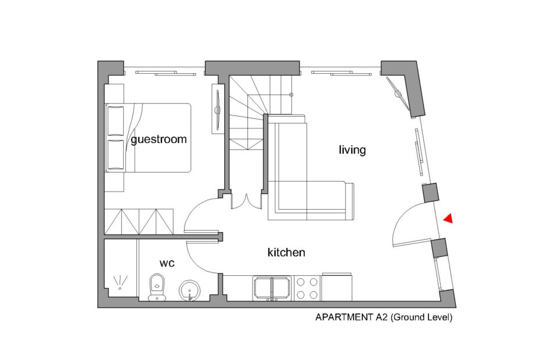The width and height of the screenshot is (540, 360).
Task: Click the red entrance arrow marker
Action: [448, 218]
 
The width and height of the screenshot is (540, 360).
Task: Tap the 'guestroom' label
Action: [159, 139]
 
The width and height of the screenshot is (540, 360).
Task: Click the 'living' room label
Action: [352, 150]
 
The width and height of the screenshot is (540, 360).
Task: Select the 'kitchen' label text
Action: [286, 252]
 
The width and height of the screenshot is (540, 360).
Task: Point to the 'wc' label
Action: [167, 263]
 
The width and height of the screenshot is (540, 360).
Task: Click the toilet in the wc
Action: [157, 287]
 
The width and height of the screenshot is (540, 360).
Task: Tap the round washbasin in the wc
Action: [189, 290]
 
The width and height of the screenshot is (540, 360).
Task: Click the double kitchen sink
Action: [272, 289]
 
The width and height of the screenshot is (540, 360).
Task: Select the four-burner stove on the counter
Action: [307, 289]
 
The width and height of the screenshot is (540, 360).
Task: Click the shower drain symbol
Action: [120, 282]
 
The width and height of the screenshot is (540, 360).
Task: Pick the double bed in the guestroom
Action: [149, 138]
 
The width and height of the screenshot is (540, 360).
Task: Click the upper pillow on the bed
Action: [116, 121]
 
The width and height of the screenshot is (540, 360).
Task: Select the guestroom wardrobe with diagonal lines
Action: [139, 221]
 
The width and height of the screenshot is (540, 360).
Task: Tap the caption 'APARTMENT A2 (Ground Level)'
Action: [384, 317]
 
